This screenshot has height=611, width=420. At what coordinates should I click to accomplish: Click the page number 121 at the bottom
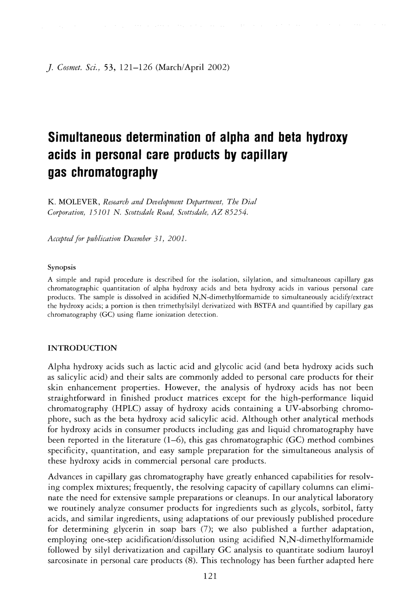click(x=210, y=576)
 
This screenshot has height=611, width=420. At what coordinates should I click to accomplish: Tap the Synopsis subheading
click(x=61, y=267)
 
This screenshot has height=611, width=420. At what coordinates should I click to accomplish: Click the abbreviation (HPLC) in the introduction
click(x=127, y=409)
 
